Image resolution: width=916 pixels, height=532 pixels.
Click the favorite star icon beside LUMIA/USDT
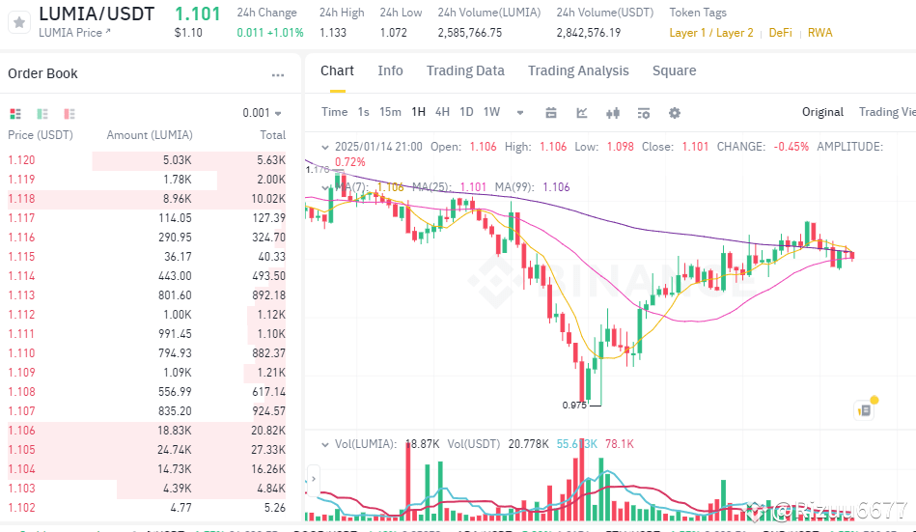(19, 22)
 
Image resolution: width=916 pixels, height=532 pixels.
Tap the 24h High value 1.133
(332, 33)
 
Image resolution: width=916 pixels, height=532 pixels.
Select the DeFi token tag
(780, 33)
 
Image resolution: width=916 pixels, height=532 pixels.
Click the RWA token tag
(819, 33)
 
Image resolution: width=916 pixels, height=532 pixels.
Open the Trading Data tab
(465, 70)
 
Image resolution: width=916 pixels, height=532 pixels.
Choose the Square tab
(674, 70)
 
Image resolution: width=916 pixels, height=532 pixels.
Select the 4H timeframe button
(442, 112)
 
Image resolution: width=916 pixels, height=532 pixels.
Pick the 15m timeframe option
(390, 112)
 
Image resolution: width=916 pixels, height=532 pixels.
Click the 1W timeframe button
(491, 112)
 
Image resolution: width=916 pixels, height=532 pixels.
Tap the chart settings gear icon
(675, 113)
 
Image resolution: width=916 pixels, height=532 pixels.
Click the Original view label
(822, 112)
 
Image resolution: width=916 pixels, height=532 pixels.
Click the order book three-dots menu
(278, 74)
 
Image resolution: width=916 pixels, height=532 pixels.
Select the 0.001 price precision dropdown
(263, 113)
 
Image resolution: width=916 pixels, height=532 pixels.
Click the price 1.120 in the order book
(21, 160)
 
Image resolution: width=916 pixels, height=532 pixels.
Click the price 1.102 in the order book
(21, 508)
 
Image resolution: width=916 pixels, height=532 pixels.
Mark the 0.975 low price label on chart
(574, 406)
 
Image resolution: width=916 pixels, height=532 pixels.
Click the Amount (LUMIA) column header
(150, 135)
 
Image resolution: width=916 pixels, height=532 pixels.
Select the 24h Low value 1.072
(393, 33)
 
